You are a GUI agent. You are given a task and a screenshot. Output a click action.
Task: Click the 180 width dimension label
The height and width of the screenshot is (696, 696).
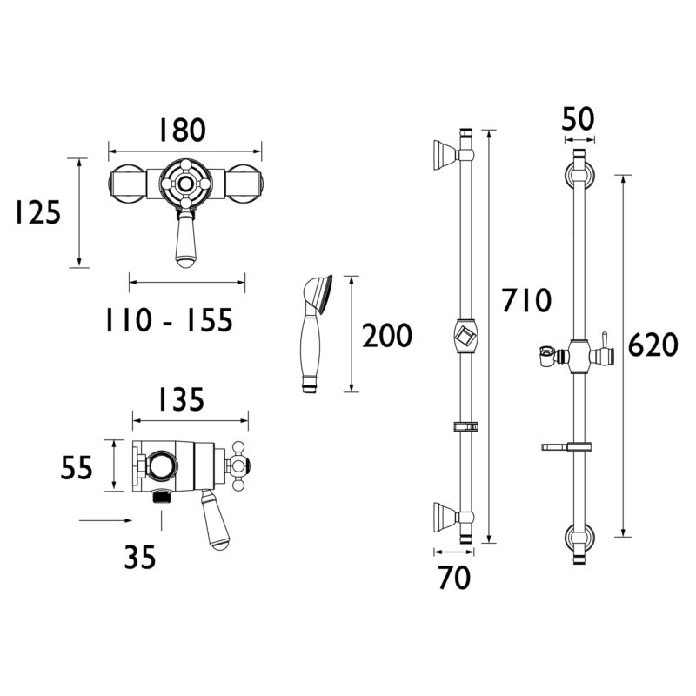point(183,130)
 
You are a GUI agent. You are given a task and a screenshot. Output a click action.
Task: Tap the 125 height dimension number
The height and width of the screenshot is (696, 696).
point(37,212)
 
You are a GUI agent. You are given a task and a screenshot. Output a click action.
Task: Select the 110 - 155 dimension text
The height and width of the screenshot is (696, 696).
point(169,320)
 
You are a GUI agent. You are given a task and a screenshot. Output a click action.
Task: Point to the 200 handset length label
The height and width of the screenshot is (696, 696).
point(387,336)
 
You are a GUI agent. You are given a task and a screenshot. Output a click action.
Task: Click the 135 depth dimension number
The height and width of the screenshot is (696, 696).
point(182,399)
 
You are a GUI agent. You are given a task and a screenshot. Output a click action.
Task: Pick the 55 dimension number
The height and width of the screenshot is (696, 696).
point(77,467)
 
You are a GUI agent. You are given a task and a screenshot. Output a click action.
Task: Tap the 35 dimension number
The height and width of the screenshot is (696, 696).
point(140,558)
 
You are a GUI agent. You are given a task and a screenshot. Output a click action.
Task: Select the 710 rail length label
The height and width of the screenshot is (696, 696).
point(526,300)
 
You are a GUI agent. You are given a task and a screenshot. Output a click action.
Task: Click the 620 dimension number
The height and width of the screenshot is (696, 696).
point(653,345)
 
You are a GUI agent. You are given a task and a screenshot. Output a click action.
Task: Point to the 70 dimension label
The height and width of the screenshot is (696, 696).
point(454,578)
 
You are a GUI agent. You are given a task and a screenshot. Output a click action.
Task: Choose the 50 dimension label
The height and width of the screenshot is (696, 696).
point(578,119)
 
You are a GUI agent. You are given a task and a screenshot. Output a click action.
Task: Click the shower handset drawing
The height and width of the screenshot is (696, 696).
point(316,333)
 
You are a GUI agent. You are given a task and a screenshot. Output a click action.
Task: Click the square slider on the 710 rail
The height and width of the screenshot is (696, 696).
point(465,336)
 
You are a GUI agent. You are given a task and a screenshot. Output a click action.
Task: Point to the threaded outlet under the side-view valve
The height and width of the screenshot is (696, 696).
point(162,496)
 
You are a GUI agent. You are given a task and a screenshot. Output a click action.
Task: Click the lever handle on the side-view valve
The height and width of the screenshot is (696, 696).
point(214,519)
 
